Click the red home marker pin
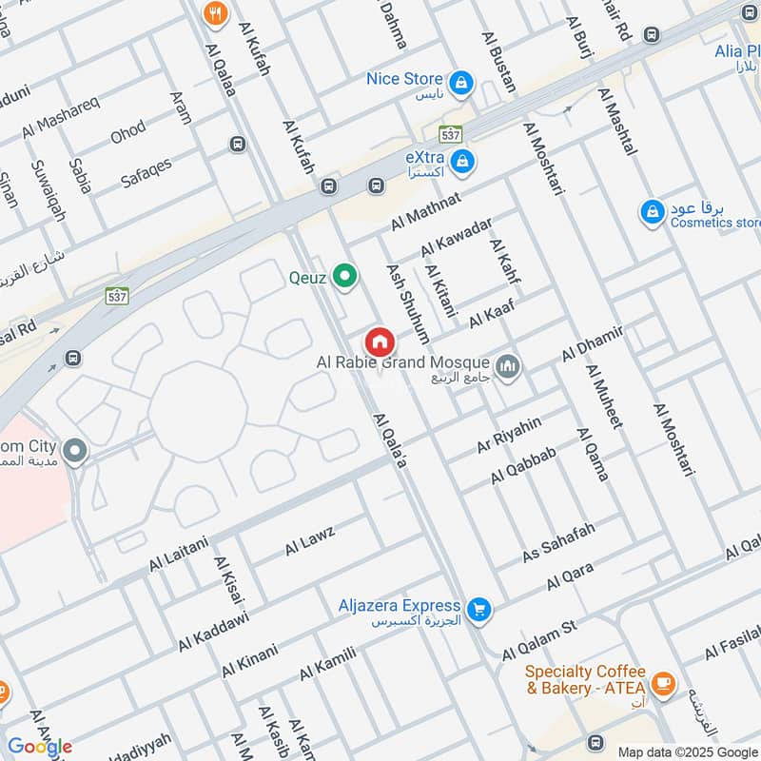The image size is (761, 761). pyautogui.click(x=379, y=341)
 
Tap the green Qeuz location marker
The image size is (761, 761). pyautogui.click(x=346, y=278)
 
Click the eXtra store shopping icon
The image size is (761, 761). pyautogui.click(x=461, y=160)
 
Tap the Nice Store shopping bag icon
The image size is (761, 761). pyautogui.click(x=461, y=82)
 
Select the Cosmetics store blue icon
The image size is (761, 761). pyautogui.click(x=652, y=211)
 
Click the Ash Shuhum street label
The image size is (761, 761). pyautogui.click(x=407, y=302)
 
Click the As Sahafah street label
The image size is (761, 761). pyautogui.click(x=558, y=542)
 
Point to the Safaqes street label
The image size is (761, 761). pyautogui.click(x=146, y=171)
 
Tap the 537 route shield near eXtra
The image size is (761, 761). pyautogui.click(x=450, y=134)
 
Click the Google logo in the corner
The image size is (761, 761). pyautogui.click(x=40, y=747)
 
